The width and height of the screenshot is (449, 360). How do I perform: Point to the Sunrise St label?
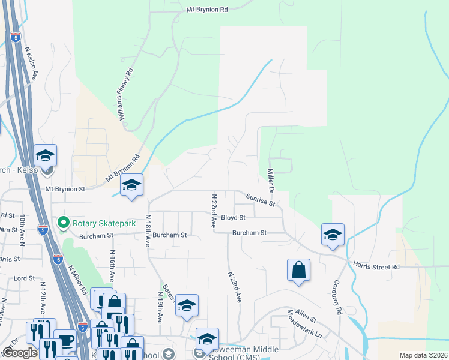coord(261,199)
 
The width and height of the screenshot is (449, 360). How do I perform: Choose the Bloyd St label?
coord(234,217)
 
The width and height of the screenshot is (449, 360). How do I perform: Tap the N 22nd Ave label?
coord(213,211)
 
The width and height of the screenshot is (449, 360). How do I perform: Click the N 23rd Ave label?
coord(234,286)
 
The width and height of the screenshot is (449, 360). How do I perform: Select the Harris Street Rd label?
coord(377,266)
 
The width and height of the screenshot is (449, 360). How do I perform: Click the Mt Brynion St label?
coord(66,188)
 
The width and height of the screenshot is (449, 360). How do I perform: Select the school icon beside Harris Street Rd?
coord(332,236)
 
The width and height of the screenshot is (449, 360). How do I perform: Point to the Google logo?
coord(20,353)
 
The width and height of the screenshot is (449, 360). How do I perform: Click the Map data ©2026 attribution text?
coord(423,355)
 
